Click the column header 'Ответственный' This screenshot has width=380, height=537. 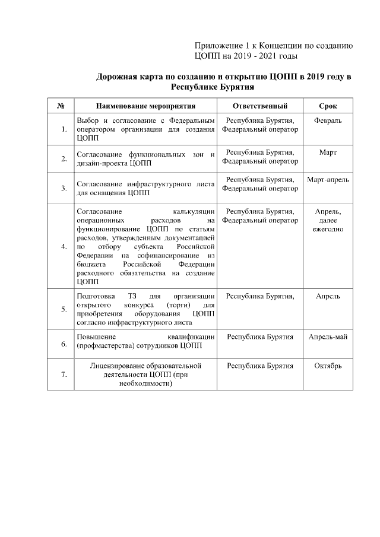click(x=260, y=106)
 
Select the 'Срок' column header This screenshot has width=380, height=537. click(x=328, y=106)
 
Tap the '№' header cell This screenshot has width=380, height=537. click(x=61, y=106)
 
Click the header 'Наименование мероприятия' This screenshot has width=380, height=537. click(x=145, y=106)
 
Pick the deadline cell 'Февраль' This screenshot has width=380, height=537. click(x=328, y=120)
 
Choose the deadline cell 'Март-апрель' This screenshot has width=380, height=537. click(x=328, y=179)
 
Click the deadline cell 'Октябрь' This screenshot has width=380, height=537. click(x=328, y=366)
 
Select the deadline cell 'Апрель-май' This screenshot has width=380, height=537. click(x=328, y=336)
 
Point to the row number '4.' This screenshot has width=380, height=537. click(x=64, y=246)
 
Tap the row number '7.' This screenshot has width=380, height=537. click(x=64, y=374)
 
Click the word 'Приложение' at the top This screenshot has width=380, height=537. click(x=218, y=46)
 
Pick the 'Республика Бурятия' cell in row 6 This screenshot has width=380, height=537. click(x=260, y=336)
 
